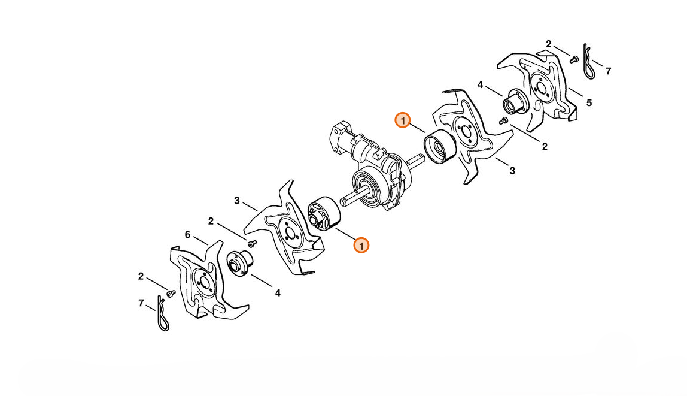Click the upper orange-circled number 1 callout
(402, 120)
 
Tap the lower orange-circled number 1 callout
(361, 246)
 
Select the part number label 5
(589, 103)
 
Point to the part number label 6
(187, 235)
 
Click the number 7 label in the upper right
(608, 71)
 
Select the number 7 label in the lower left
(141, 303)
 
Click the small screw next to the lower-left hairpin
(171, 292)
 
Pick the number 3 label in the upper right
(512, 171)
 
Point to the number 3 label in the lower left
(236, 201)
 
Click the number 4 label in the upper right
(480, 84)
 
